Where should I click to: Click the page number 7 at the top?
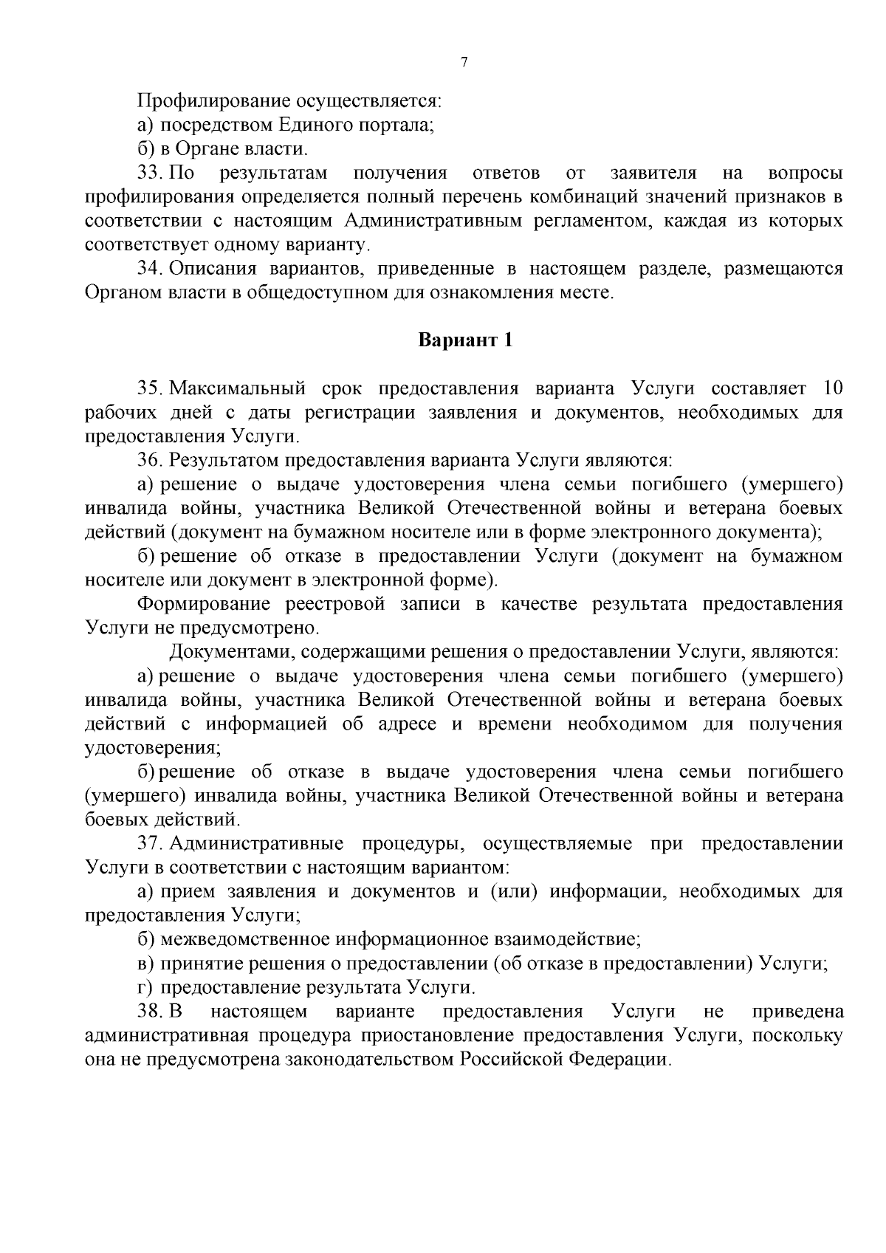[x=464, y=63]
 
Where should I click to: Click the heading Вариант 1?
[x=465, y=340]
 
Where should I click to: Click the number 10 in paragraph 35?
[x=831, y=388]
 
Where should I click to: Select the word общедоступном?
[x=328, y=293]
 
